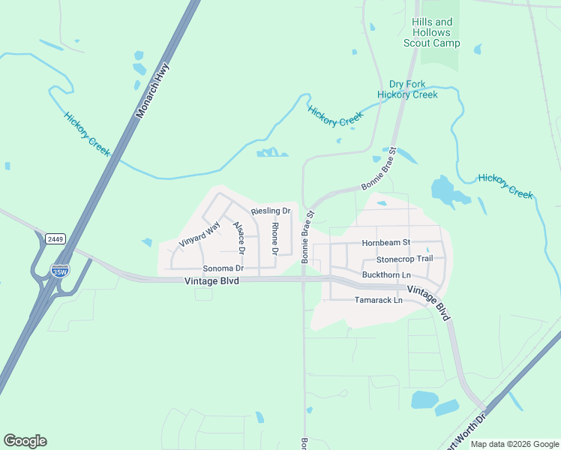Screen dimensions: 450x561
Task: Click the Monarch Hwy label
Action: [152, 90]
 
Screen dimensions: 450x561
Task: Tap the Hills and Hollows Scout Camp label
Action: [432, 33]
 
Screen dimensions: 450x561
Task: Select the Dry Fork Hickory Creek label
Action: [407, 89]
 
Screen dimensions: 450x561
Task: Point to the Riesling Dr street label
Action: [270, 211]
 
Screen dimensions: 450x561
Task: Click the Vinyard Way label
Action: [200, 234]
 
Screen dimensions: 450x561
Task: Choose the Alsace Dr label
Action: [238, 236]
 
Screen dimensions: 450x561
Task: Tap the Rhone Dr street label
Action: [274, 239]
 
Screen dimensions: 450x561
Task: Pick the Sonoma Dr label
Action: [223, 268]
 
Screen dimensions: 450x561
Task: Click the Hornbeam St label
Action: [386, 243]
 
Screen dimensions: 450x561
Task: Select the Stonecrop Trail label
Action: [404, 259]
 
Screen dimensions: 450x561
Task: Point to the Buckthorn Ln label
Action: [386, 275]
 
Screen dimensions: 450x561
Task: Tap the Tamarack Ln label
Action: [378, 300]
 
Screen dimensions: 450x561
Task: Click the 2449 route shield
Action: [55, 238]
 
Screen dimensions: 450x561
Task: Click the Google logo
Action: [25, 441]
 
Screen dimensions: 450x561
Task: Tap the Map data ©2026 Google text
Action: [514, 444]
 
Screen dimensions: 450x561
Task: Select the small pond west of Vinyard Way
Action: [146, 241]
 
